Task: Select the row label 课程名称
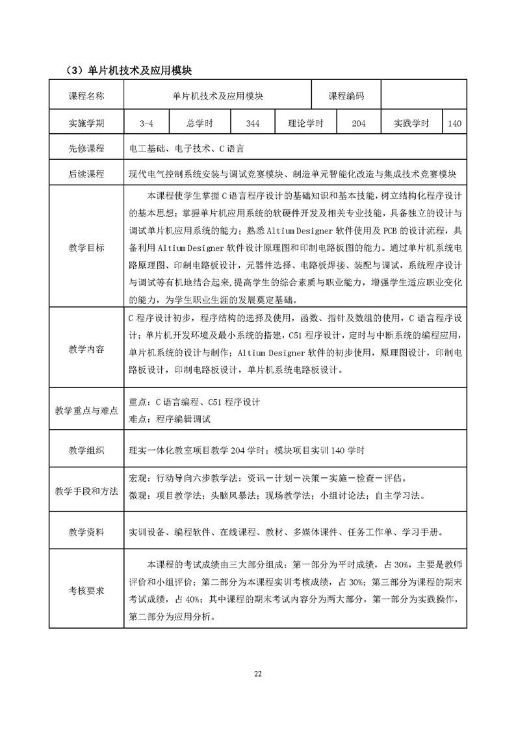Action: tap(86, 96)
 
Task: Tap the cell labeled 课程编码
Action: tap(346, 96)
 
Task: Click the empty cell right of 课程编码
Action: tap(423, 96)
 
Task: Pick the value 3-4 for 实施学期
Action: tap(146, 123)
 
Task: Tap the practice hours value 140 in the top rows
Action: tap(454, 123)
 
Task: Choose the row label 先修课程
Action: tap(86, 148)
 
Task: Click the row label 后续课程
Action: tap(86, 174)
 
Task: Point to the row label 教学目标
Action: tap(86, 248)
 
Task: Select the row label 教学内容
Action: tap(86, 349)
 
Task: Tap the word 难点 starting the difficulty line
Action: tap(138, 419)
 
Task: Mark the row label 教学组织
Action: tap(86, 450)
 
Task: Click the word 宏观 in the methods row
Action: tap(138, 478)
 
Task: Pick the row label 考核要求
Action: tap(86, 590)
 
